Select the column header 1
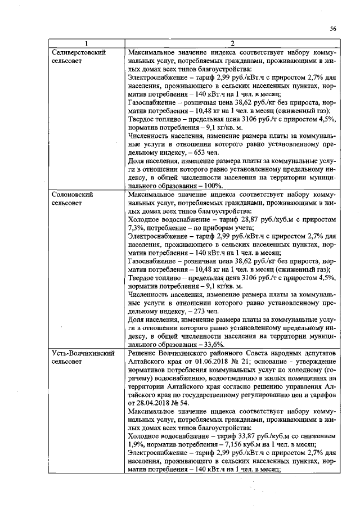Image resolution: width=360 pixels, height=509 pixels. (x=86, y=44)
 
